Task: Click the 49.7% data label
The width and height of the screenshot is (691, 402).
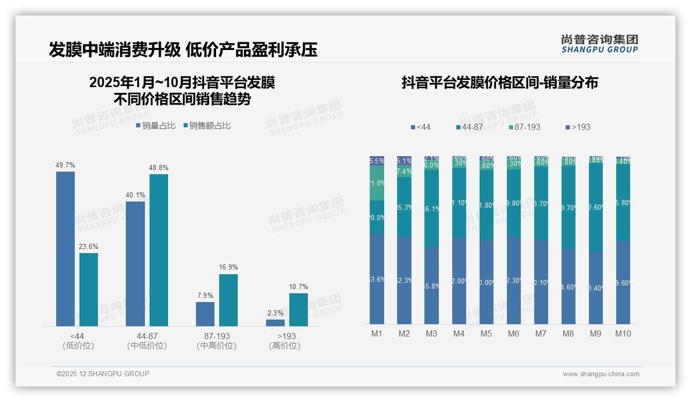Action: pos(65,165)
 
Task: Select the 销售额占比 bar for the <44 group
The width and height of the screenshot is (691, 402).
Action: pos(89,289)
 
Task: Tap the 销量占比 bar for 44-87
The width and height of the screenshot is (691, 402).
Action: pos(135,263)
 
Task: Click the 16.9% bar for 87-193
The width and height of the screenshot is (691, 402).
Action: pos(228,300)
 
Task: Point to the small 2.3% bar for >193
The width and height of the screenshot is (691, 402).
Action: pos(275,323)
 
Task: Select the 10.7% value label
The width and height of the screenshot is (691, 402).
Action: pos(299,287)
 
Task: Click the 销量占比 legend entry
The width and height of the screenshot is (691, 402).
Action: pos(156,126)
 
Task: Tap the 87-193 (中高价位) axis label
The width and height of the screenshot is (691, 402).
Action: pos(217,341)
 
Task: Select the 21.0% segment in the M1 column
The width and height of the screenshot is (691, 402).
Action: pos(377,183)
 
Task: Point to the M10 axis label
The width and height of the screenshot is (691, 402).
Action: pos(623,333)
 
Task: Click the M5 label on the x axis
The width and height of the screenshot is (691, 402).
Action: pos(486,333)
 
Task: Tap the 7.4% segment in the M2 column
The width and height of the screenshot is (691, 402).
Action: pos(404,171)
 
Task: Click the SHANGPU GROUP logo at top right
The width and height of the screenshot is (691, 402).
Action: pos(600,44)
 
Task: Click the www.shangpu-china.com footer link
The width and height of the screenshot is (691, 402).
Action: pos(601,374)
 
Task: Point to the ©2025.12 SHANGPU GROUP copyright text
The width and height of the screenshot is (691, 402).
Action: pos(103,374)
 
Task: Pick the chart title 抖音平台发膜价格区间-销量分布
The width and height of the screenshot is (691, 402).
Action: pos(500,83)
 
